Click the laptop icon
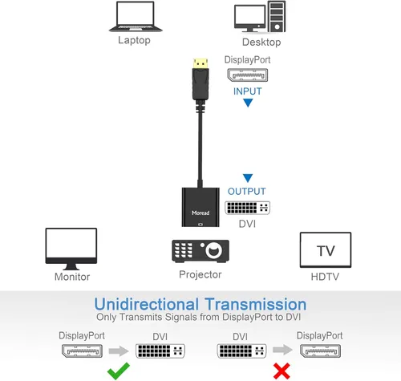click(x=134, y=18)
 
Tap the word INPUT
click(x=248, y=91)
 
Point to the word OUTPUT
click(x=247, y=192)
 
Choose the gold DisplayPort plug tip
click(x=199, y=61)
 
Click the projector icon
click(x=199, y=251)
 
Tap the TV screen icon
click(x=325, y=250)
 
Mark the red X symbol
click(x=282, y=371)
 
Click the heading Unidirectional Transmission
click(x=200, y=304)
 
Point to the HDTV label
click(x=325, y=277)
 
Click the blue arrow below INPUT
click(x=248, y=103)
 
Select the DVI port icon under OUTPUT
click(x=247, y=207)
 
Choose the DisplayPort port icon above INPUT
click(x=248, y=75)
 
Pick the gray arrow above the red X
click(x=282, y=351)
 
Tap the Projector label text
click(x=199, y=275)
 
